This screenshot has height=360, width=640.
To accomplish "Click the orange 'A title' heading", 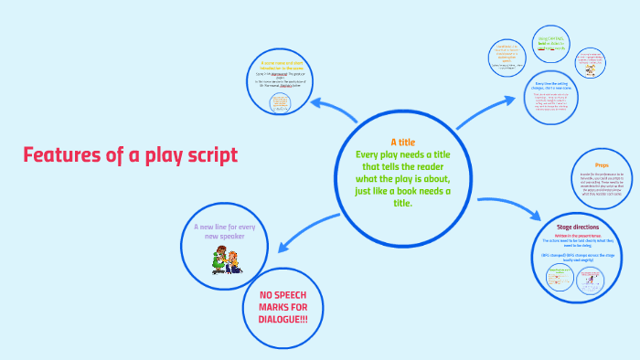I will (403, 143).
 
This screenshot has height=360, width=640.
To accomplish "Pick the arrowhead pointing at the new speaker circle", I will (283, 244).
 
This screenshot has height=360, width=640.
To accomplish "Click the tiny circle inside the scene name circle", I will (282, 103).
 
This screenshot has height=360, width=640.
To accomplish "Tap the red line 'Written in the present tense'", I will (581, 235).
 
